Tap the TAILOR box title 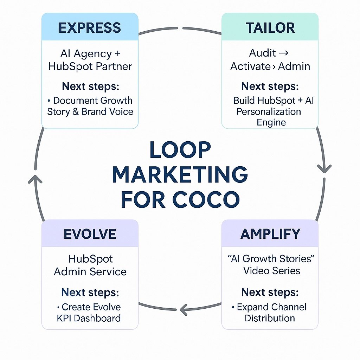coord(270,28)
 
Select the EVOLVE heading coord(90,234)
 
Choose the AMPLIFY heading coord(270,234)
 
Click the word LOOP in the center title coord(180,150)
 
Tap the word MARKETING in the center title coord(180,175)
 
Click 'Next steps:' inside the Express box coord(90,86)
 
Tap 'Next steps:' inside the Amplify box coord(270,292)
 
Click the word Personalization coord(269,112)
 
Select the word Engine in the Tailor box coord(271,122)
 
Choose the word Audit coord(262,53)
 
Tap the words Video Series coord(271,271)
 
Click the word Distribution coord(270,318)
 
